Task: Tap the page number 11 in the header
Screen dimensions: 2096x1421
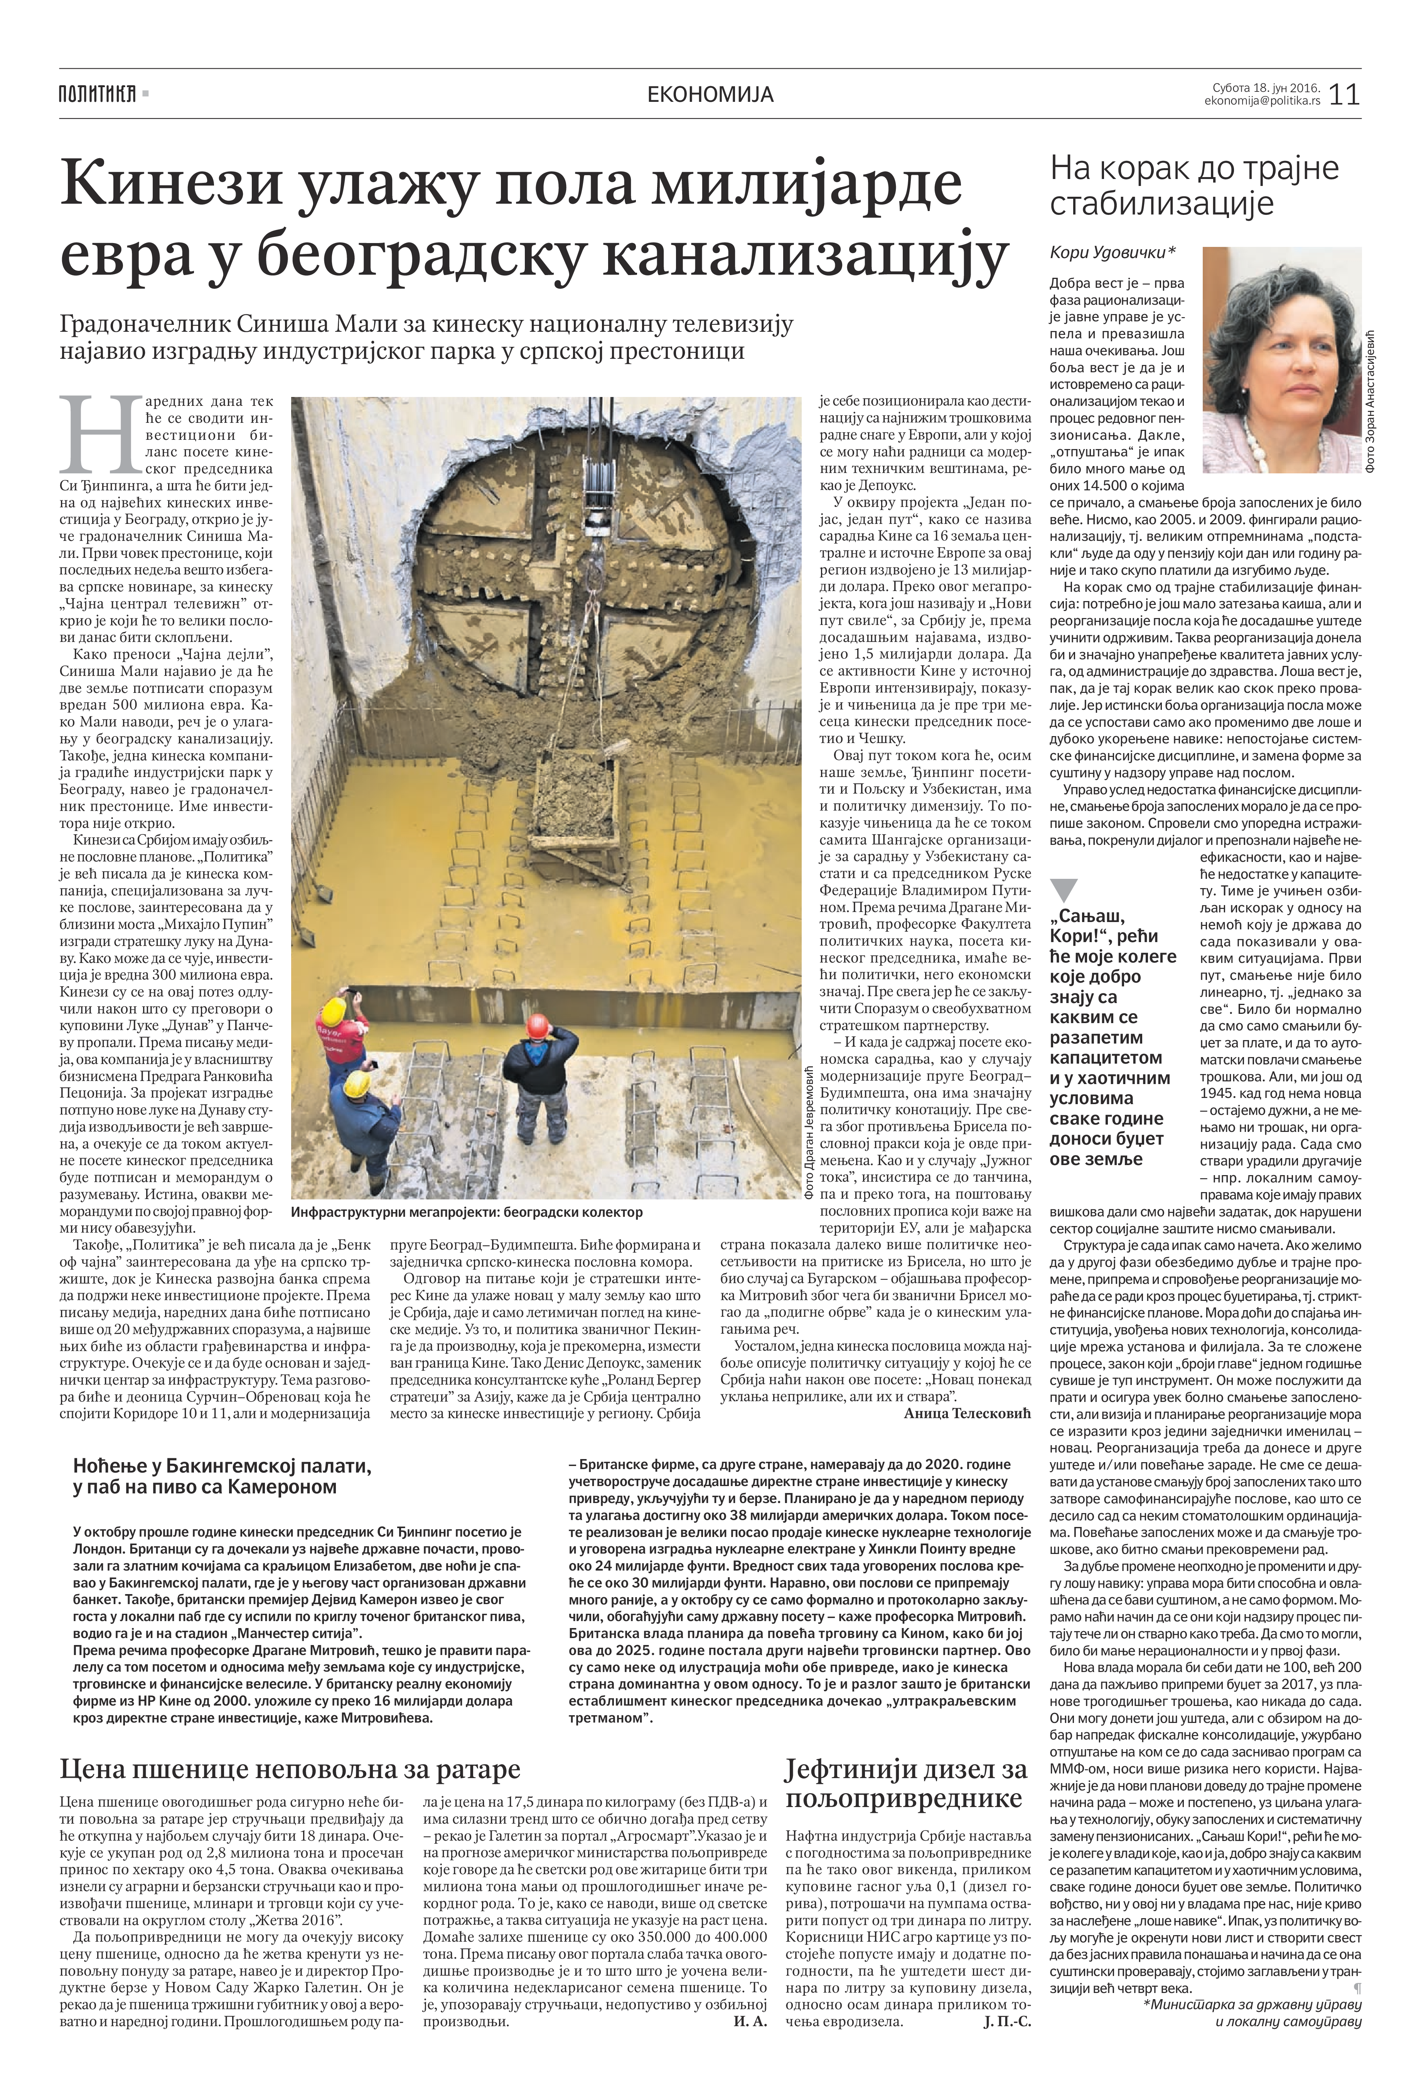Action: pyautogui.click(x=1344, y=94)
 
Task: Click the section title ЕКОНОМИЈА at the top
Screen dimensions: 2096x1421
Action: pyautogui.click(x=710, y=94)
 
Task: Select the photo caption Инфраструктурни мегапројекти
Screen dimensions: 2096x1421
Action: pyautogui.click(x=467, y=1211)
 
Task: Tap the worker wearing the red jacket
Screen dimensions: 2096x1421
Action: pyautogui.click(x=334, y=1028)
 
